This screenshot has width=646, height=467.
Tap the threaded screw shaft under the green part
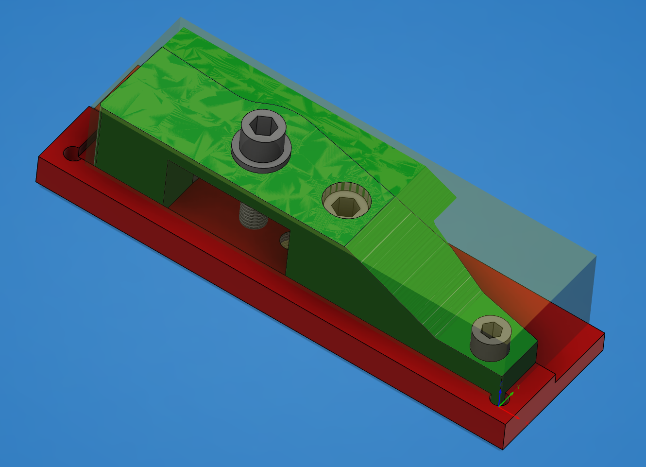254,217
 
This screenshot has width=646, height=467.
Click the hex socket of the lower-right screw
492,330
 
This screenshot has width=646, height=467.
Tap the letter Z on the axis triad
500,384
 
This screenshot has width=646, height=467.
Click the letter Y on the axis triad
518,387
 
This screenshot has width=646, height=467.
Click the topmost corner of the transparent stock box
180,18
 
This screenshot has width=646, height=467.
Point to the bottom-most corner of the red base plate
503,449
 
